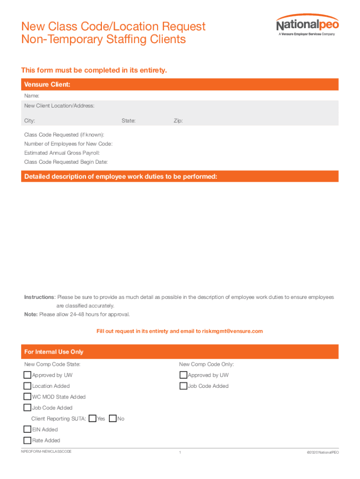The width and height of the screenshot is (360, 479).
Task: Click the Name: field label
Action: tap(29, 96)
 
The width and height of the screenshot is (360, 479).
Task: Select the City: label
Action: tap(29, 121)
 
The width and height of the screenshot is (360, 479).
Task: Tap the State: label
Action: tap(129, 121)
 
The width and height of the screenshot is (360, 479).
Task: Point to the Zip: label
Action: tap(178, 121)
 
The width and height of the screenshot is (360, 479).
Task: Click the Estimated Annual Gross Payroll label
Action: tap(62, 153)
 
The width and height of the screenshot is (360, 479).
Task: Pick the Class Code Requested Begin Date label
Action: tap(66, 162)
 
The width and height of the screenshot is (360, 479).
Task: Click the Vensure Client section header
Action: tap(47, 85)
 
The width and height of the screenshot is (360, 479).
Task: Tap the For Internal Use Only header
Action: tap(53, 352)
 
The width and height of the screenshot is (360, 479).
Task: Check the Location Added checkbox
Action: tap(28, 386)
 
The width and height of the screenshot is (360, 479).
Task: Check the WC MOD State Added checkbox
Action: tap(28, 397)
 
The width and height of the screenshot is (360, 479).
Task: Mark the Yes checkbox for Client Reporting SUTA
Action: tap(93, 418)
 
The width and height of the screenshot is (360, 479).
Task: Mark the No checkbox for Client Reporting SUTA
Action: tap(112, 418)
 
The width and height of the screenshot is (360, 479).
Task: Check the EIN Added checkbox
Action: tap(28, 429)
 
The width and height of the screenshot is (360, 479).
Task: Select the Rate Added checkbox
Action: tap(28, 440)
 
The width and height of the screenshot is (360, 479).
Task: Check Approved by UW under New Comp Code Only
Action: tap(183, 375)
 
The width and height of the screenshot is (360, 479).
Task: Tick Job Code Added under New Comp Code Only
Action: tap(183, 386)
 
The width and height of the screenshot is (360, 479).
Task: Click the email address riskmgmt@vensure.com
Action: tap(232, 331)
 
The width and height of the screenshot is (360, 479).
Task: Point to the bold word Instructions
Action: tap(39, 297)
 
